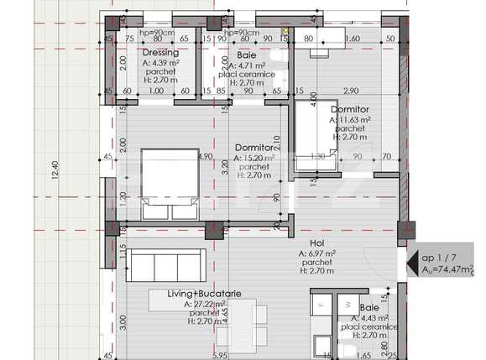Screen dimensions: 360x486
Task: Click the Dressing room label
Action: [x=159, y=53]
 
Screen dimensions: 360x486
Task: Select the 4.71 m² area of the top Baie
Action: [x=244, y=64]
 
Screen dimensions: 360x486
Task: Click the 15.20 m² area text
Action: [x=255, y=157]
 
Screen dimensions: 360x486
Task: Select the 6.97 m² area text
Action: [x=317, y=252]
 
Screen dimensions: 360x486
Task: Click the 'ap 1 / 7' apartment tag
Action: [x=440, y=258]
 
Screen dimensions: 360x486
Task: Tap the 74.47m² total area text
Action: [x=447, y=270]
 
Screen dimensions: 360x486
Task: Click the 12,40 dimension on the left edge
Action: [x=55, y=171]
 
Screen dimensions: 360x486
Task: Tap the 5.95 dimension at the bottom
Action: [x=221, y=356]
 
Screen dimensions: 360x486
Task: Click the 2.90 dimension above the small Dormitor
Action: [x=351, y=90]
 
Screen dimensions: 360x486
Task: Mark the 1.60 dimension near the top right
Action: [x=353, y=39]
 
